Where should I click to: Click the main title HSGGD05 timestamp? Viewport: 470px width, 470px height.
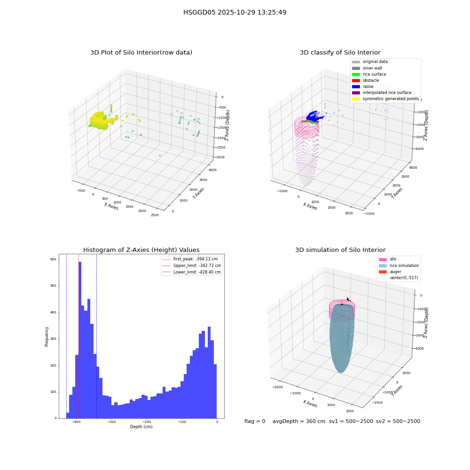pos(235,12)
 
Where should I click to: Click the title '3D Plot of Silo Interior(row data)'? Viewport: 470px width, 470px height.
pos(141,53)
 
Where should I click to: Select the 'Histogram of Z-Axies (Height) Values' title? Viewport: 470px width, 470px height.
pos(141,250)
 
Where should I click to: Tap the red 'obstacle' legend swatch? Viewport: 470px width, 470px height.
pos(356,80)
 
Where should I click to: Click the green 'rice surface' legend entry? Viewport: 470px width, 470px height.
pos(369,74)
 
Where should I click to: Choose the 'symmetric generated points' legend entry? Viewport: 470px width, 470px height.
pos(385,99)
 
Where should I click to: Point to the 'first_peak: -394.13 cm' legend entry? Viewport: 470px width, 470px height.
pos(190,259)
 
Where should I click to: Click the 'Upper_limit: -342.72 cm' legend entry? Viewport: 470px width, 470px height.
pos(192,266)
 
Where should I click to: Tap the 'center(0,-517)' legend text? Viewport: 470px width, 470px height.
pos(404,278)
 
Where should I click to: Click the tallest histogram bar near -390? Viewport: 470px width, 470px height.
pos(80,340)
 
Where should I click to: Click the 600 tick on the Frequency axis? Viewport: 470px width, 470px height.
pos(53,259)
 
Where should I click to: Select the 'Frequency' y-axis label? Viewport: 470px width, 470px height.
pos(47,337)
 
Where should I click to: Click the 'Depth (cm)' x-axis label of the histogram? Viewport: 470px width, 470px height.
pos(141,427)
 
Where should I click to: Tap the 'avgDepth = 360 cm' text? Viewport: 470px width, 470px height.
pos(299,421)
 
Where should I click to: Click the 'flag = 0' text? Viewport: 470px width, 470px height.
pos(255,421)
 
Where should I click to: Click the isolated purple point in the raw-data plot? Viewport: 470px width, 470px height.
pos(160,156)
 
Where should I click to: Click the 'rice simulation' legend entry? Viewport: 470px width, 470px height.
pos(399,266)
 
